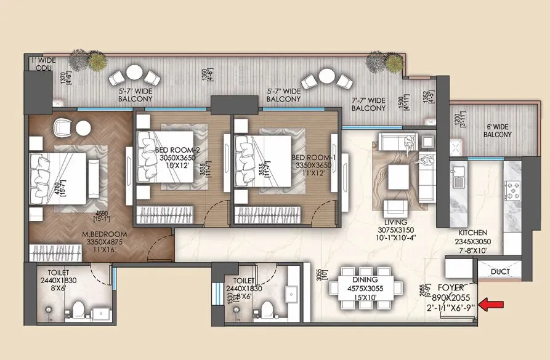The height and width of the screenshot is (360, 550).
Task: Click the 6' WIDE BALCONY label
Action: coord(497,130)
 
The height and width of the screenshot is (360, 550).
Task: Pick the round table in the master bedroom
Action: coord(83,128)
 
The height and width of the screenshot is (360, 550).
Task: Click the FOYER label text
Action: coord(450,287)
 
